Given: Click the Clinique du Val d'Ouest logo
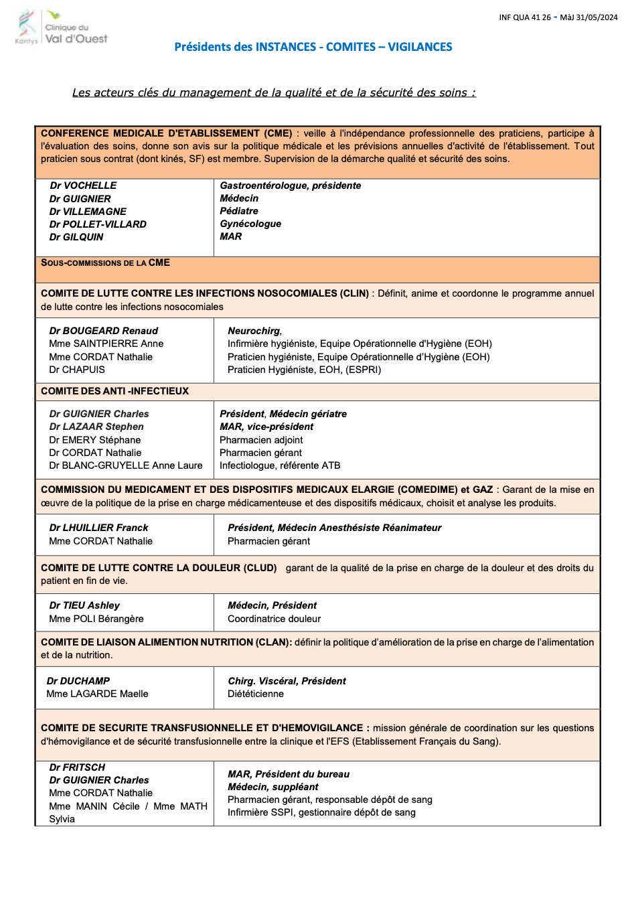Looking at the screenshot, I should (62, 28).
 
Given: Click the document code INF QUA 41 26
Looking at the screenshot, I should (524, 17).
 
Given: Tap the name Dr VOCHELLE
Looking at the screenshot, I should (83, 185).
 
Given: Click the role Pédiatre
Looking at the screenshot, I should (239, 211).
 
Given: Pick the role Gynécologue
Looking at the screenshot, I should (250, 224).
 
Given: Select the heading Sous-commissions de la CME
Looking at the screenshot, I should (105, 262).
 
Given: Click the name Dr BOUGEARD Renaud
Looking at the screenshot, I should (104, 331).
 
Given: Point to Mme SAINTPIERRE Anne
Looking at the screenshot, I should (106, 344).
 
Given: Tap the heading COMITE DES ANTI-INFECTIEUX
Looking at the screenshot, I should (114, 391).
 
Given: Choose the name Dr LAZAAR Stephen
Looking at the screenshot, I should (96, 427).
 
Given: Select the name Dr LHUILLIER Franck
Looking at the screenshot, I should (98, 528).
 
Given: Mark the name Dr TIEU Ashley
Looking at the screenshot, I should (84, 605).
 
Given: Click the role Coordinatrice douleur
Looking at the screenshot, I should (274, 619).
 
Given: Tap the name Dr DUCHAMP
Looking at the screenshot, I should (78, 681).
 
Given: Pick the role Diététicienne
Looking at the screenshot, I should (256, 694).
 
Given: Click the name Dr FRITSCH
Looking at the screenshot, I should (77, 767).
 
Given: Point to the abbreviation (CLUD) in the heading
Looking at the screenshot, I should (260, 568).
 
